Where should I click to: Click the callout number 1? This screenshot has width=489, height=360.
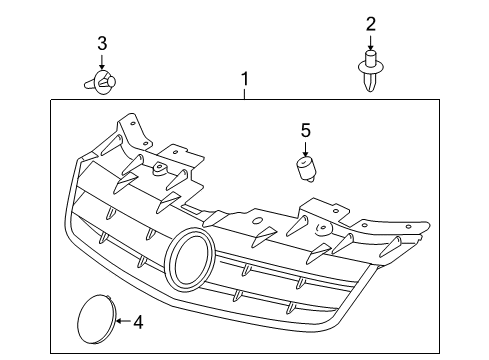tap(245, 79)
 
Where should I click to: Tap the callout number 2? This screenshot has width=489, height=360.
tap(371, 24)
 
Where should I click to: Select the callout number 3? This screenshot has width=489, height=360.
tap(102, 44)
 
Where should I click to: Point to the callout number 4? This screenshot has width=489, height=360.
tap(138, 322)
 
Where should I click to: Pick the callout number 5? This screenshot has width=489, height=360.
tap(306, 130)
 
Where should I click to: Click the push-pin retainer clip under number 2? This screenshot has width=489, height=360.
tap(370, 71)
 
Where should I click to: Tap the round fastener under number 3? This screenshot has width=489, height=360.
tap(100, 82)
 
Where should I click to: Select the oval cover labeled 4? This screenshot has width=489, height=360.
tap(97, 319)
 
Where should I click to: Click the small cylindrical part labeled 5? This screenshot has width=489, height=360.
tap(306, 169)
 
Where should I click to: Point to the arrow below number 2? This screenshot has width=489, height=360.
tap(370, 42)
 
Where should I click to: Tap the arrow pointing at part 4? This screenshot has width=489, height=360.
tap(124, 321)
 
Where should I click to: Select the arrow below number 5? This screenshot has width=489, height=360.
tap(305, 148)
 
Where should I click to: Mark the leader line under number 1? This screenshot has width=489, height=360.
tap(245, 94)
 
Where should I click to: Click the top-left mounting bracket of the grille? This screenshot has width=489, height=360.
tap(132, 131)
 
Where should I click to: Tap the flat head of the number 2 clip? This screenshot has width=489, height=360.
tap(370, 67)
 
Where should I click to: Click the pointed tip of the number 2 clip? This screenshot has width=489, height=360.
tap(370, 90)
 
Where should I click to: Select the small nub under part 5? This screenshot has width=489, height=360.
tap(310, 180)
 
